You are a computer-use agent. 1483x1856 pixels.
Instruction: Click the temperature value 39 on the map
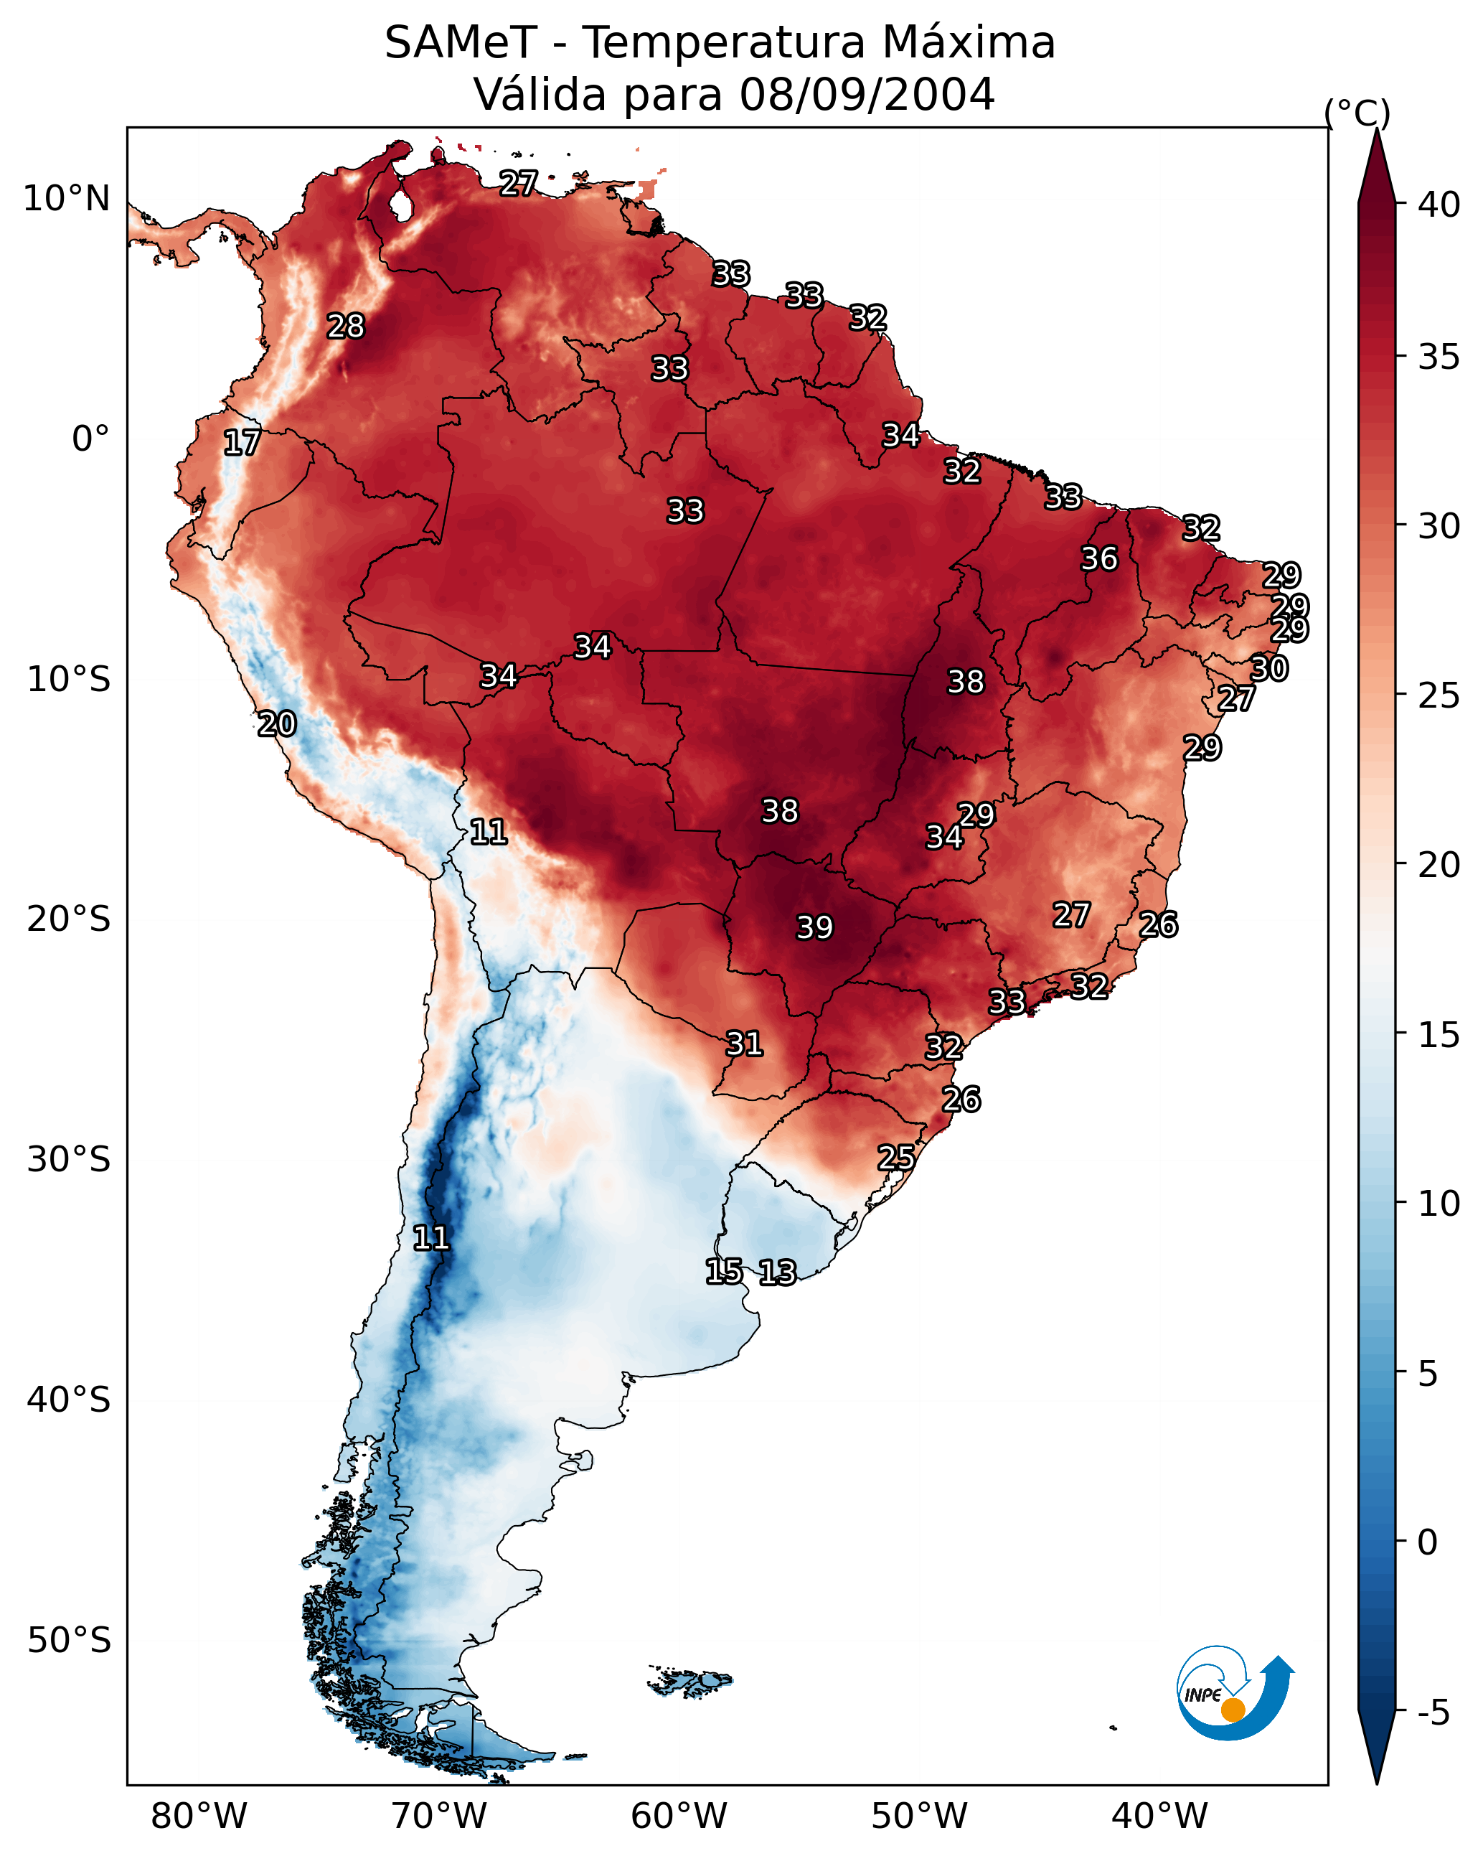click(x=814, y=927)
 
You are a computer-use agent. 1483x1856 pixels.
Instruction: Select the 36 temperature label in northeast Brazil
click(x=1099, y=558)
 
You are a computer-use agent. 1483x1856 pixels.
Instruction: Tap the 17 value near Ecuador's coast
click(x=242, y=443)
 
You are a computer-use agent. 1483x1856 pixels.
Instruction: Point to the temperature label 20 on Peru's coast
click(x=277, y=724)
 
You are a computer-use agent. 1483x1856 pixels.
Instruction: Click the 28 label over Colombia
click(x=346, y=327)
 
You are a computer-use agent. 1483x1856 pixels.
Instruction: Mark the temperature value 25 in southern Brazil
click(x=896, y=1157)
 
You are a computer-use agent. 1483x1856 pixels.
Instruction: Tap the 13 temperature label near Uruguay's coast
click(x=777, y=1273)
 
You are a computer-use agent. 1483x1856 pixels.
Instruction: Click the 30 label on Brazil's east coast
click(x=1268, y=668)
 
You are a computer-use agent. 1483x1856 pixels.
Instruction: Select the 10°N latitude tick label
click(x=66, y=199)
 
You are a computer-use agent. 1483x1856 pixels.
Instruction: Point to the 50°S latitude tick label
click(x=69, y=1641)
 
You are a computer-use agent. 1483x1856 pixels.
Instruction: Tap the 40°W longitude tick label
click(x=1159, y=1817)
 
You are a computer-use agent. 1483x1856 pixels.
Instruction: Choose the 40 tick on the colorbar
click(x=1439, y=205)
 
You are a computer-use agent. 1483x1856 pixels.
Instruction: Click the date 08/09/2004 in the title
click(x=867, y=95)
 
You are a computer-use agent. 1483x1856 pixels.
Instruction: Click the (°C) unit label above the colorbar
click(x=1357, y=113)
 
